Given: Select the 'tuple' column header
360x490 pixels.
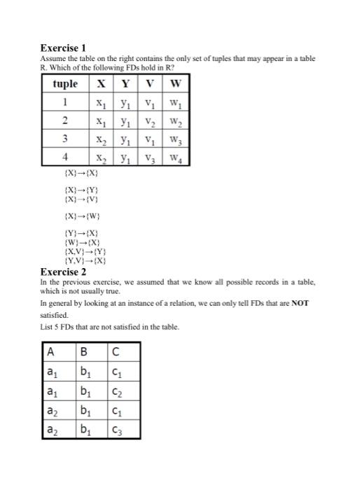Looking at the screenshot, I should [x=66, y=85].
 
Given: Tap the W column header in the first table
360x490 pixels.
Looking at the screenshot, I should [x=175, y=85].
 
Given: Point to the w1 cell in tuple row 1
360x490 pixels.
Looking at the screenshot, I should [x=175, y=103].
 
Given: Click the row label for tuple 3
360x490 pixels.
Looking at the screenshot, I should [x=66, y=139].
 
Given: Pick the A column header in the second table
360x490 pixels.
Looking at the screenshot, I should [x=50, y=352].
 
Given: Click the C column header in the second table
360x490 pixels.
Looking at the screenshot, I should [x=114, y=352].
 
